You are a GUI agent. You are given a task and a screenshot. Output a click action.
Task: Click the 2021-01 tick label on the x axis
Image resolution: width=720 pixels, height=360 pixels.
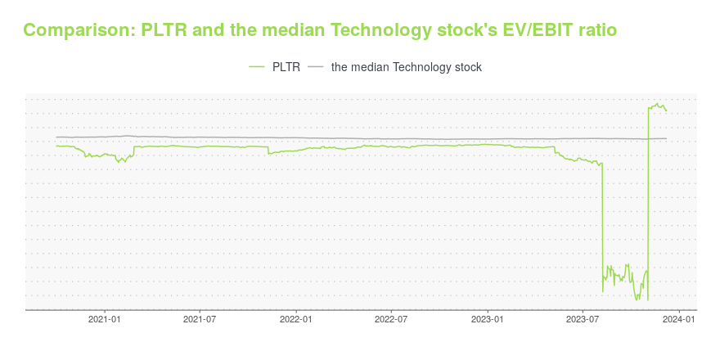[x=105, y=320]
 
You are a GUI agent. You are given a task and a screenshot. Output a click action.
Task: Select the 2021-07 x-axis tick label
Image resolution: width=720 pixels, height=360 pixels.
[x=200, y=320]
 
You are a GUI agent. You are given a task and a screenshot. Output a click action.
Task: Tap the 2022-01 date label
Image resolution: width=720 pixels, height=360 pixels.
[x=297, y=320]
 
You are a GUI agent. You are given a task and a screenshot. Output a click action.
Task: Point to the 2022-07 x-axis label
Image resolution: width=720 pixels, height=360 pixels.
[x=392, y=320]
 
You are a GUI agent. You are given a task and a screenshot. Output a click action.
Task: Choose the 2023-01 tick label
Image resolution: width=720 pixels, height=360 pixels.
[x=488, y=320]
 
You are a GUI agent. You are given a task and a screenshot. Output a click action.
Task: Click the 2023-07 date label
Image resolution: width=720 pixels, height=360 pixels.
[x=583, y=320]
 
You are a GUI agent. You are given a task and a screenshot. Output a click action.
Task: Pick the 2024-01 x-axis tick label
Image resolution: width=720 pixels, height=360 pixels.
[x=680, y=320]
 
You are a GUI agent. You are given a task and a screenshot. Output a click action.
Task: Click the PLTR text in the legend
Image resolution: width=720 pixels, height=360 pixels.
[x=286, y=67]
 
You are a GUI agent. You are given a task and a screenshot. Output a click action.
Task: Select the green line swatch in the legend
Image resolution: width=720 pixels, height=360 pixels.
[x=257, y=67]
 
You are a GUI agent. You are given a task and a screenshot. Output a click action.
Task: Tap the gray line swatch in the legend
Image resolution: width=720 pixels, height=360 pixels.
[x=316, y=67]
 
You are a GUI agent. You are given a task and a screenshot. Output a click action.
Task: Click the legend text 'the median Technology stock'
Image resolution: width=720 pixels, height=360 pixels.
[x=407, y=67]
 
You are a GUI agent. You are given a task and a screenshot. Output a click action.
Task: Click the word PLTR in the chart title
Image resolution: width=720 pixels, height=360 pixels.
[x=165, y=30]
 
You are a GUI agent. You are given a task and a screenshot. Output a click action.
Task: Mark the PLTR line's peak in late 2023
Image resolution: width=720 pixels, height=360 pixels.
[x=658, y=103]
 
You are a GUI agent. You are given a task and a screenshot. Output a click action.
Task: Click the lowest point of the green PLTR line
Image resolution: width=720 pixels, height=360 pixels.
[x=636, y=300]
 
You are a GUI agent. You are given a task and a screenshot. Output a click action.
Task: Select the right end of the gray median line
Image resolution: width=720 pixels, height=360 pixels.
[x=666, y=138]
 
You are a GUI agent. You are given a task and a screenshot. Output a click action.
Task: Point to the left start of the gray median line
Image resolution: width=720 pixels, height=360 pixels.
[x=56, y=137]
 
